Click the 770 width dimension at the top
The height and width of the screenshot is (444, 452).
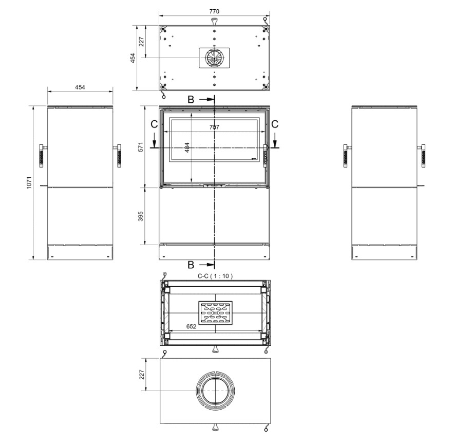pyautogui.click(x=214, y=11)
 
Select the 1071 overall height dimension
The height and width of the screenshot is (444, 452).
pyautogui.click(x=29, y=182)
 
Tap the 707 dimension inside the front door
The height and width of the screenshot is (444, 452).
pyautogui.click(x=214, y=127)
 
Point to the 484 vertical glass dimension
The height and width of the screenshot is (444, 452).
pyautogui.click(x=187, y=147)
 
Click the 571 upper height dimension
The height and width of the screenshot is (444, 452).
pyautogui.click(x=141, y=147)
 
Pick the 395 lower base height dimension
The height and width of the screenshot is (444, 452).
pyautogui.click(x=141, y=216)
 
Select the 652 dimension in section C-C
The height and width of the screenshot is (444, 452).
pyautogui.click(x=191, y=326)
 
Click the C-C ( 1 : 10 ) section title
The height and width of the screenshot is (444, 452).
pyautogui.click(x=215, y=276)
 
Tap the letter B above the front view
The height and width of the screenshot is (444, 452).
pyautogui.click(x=191, y=100)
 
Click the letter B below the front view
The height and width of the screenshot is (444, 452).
pyautogui.click(x=191, y=265)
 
